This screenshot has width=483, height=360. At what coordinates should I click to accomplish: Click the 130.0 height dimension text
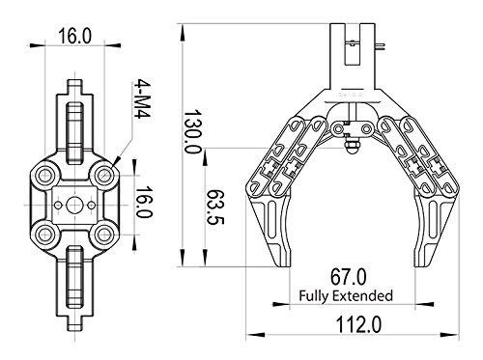click(192, 132)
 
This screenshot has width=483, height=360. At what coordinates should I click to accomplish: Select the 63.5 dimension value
click(214, 207)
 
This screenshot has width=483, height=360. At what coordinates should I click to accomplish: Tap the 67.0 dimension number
click(349, 277)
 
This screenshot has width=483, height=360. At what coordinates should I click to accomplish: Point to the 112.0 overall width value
click(358, 324)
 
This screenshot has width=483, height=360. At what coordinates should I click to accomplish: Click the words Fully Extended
click(346, 295)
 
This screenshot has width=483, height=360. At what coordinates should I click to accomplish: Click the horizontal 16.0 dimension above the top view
click(75, 36)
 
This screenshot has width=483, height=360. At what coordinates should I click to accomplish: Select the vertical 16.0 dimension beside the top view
click(143, 202)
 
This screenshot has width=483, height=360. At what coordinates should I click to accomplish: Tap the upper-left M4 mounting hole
click(44, 176)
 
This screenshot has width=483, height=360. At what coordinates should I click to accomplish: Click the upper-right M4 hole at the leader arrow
click(103, 176)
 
